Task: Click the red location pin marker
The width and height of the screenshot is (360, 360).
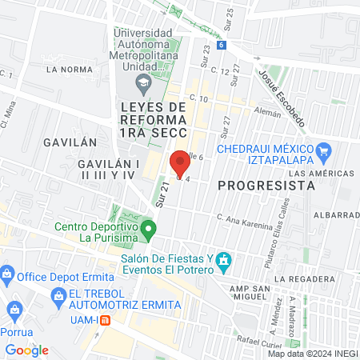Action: (x=179, y=163)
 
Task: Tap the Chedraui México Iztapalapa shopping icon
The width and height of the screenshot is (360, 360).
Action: (x=323, y=150)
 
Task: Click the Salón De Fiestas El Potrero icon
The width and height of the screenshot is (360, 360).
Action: (x=225, y=261)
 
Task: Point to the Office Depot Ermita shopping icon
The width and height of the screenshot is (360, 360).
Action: (x=7, y=275)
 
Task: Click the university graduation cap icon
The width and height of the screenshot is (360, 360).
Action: (x=142, y=82)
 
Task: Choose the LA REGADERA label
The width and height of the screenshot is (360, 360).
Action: (x=309, y=278)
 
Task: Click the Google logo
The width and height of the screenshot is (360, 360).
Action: (x=27, y=350)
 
